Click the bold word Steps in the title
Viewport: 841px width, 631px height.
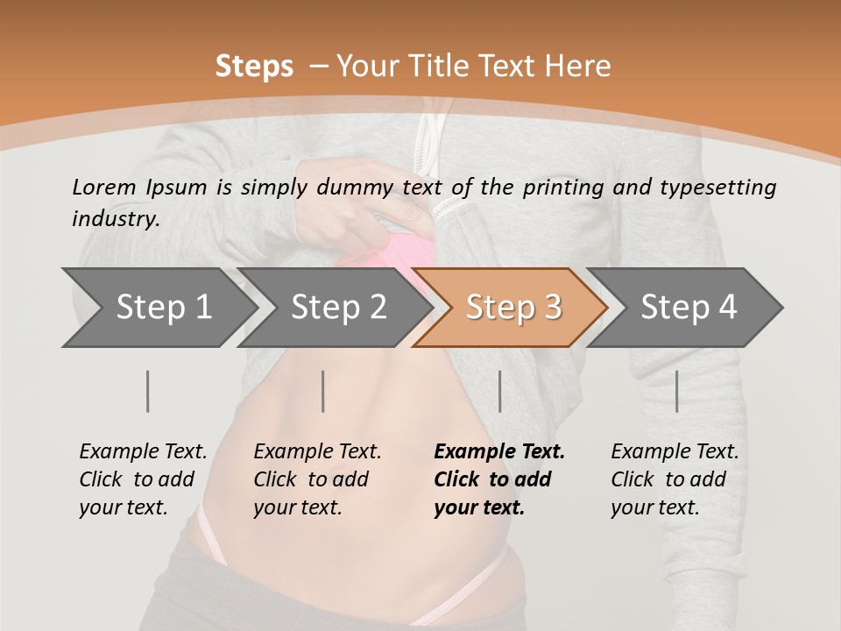tap(254, 67)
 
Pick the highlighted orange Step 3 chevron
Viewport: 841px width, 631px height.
tap(513, 307)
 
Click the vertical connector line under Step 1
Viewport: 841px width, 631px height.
tap(148, 391)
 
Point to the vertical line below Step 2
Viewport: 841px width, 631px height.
tap(323, 391)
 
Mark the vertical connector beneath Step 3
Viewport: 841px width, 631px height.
tap(499, 391)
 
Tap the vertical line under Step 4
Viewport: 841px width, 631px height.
tap(677, 391)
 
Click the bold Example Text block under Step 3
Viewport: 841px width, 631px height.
tap(499, 479)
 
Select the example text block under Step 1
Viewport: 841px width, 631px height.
tap(143, 479)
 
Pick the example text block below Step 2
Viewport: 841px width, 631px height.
tap(317, 479)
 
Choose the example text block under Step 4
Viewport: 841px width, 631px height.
tap(675, 479)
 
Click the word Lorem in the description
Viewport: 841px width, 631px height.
tap(104, 187)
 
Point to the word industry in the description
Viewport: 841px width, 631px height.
tap(116, 219)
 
